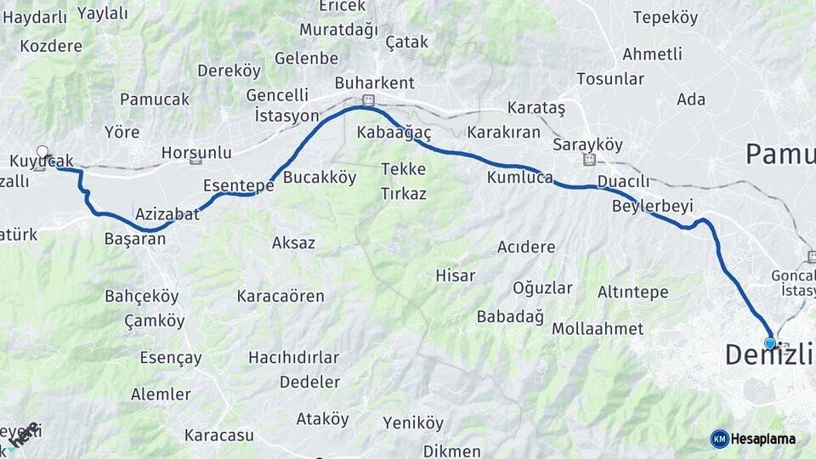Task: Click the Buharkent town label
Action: (x=374, y=82)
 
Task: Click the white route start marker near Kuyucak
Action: (x=42, y=151)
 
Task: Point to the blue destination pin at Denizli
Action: (x=770, y=343)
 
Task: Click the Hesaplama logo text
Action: (x=763, y=439)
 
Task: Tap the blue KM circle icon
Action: (x=720, y=439)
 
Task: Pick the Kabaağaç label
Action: (x=394, y=133)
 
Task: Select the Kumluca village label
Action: (x=519, y=178)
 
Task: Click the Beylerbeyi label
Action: (x=653, y=206)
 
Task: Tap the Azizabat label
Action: (x=167, y=213)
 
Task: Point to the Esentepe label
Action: (x=238, y=184)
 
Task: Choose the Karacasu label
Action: (x=220, y=435)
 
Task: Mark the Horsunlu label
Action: (x=196, y=153)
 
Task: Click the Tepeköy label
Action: (x=666, y=17)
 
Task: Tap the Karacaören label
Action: (x=280, y=296)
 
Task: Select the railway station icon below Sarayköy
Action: (x=587, y=160)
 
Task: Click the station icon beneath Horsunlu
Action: (x=196, y=160)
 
